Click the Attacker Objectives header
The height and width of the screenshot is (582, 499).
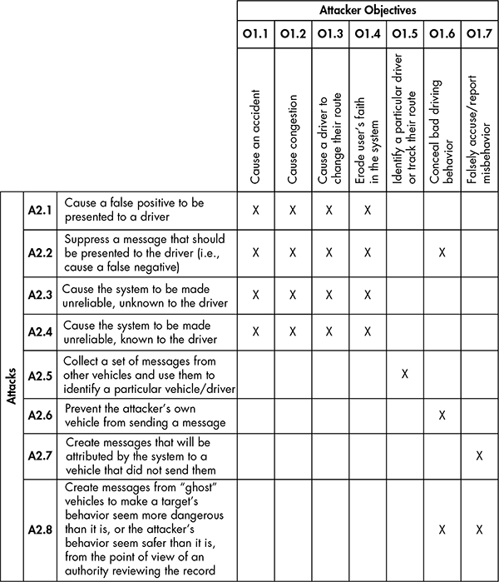(367, 11)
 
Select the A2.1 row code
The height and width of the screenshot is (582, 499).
(41, 211)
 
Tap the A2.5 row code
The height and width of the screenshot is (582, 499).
(41, 374)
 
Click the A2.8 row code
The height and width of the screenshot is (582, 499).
(41, 529)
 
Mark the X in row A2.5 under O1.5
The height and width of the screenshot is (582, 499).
(404, 374)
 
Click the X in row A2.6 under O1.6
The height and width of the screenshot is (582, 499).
(442, 414)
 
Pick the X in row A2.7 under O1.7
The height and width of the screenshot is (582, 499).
(479, 455)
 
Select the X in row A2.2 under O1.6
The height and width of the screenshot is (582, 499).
(442, 251)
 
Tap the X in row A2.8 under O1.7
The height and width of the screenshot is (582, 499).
(479, 529)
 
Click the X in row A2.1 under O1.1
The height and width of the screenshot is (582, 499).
(256, 211)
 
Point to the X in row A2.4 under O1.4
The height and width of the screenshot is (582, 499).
(367, 332)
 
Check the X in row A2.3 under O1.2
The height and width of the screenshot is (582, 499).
(293, 294)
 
